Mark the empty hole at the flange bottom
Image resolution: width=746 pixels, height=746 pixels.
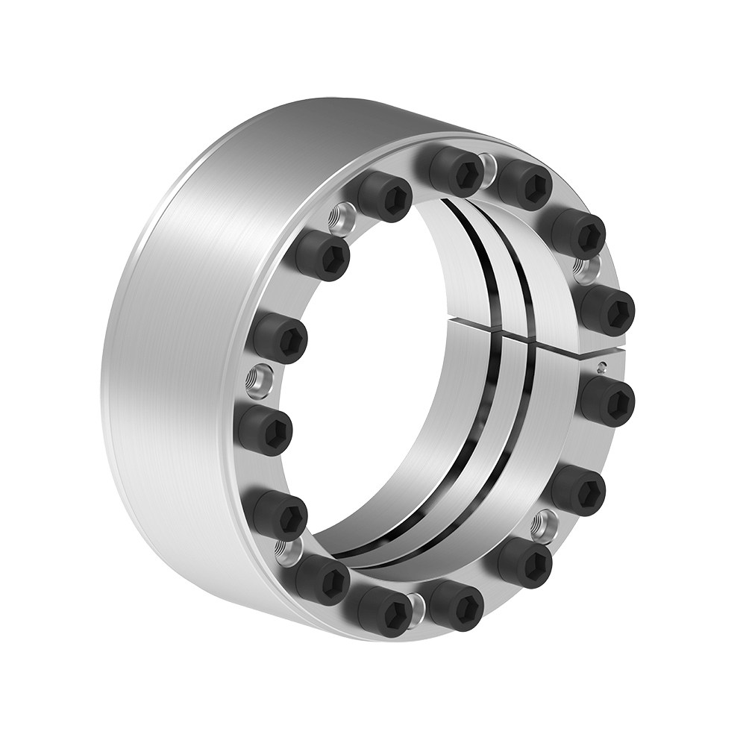click(x=418, y=605)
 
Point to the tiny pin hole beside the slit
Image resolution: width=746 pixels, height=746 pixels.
click(x=602, y=366)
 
